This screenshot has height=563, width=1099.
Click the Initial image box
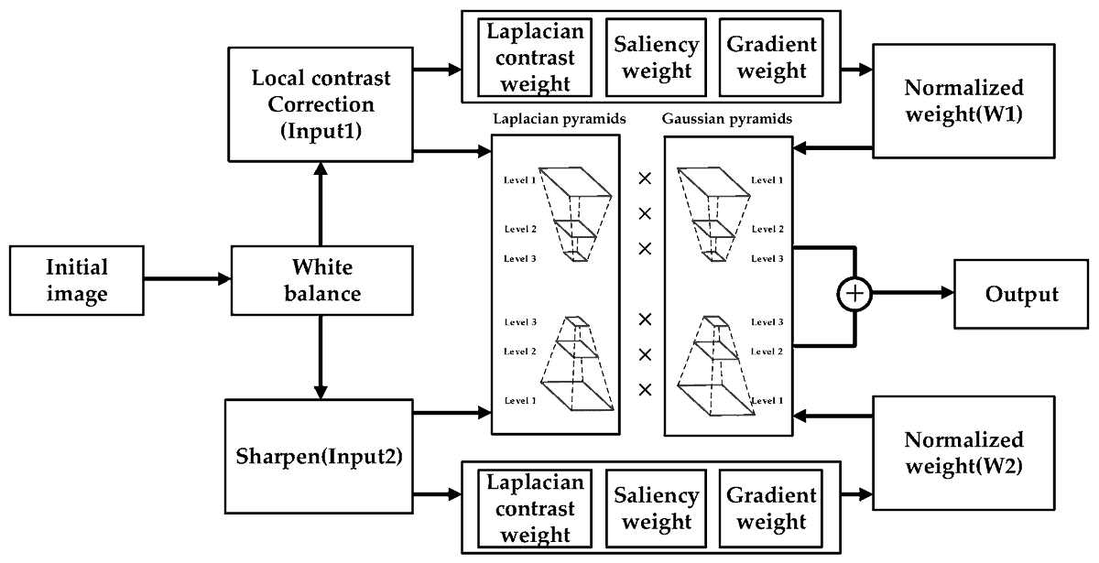[78, 280]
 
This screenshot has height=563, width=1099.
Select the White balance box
[321, 280]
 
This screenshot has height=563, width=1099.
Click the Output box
[1021, 294]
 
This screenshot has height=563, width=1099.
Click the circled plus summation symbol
[854, 295]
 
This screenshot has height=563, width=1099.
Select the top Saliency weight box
[657, 57]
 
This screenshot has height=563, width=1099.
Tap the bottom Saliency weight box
[657, 508]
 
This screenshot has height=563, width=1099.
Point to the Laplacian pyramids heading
[552, 119]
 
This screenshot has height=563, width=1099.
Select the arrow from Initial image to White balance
[188, 279]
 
